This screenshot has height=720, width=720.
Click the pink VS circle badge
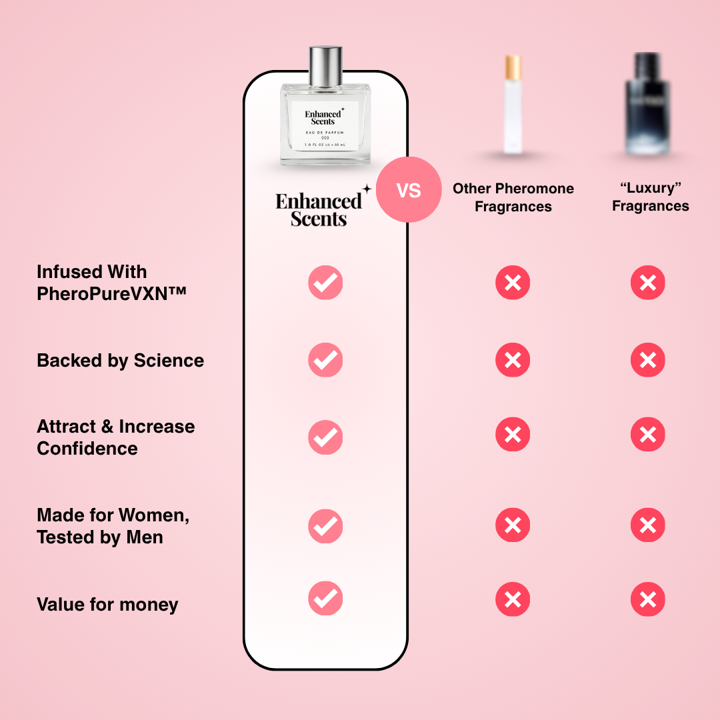click(x=409, y=190)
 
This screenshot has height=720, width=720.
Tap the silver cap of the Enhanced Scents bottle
click(x=325, y=63)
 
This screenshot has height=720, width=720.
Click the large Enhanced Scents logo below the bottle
click(x=320, y=209)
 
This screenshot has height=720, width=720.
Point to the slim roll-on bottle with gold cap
click(x=513, y=105)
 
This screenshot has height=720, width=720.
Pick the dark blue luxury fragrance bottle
click(x=647, y=105)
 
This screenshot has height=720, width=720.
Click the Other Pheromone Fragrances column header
click(x=513, y=197)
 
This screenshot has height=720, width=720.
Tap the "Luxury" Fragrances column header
click(x=650, y=197)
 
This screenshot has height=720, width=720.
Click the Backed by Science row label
click(x=120, y=361)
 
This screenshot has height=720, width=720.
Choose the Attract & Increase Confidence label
click(x=115, y=437)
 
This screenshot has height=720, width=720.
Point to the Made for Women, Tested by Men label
click(x=113, y=526)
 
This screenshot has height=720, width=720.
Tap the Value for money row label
click(x=107, y=605)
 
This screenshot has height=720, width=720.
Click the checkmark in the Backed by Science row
click(x=325, y=361)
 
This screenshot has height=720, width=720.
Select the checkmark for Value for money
click(x=325, y=599)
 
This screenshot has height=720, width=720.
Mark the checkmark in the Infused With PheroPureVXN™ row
click(x=325, y=283)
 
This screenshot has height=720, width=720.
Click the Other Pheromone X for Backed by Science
click(x=513, y=361)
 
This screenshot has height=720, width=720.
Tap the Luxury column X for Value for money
click(x=647, y=599)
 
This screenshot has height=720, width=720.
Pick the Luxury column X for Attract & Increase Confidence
click(x=647, y=435)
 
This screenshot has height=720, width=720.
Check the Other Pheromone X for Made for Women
click(x=513, y=526)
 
